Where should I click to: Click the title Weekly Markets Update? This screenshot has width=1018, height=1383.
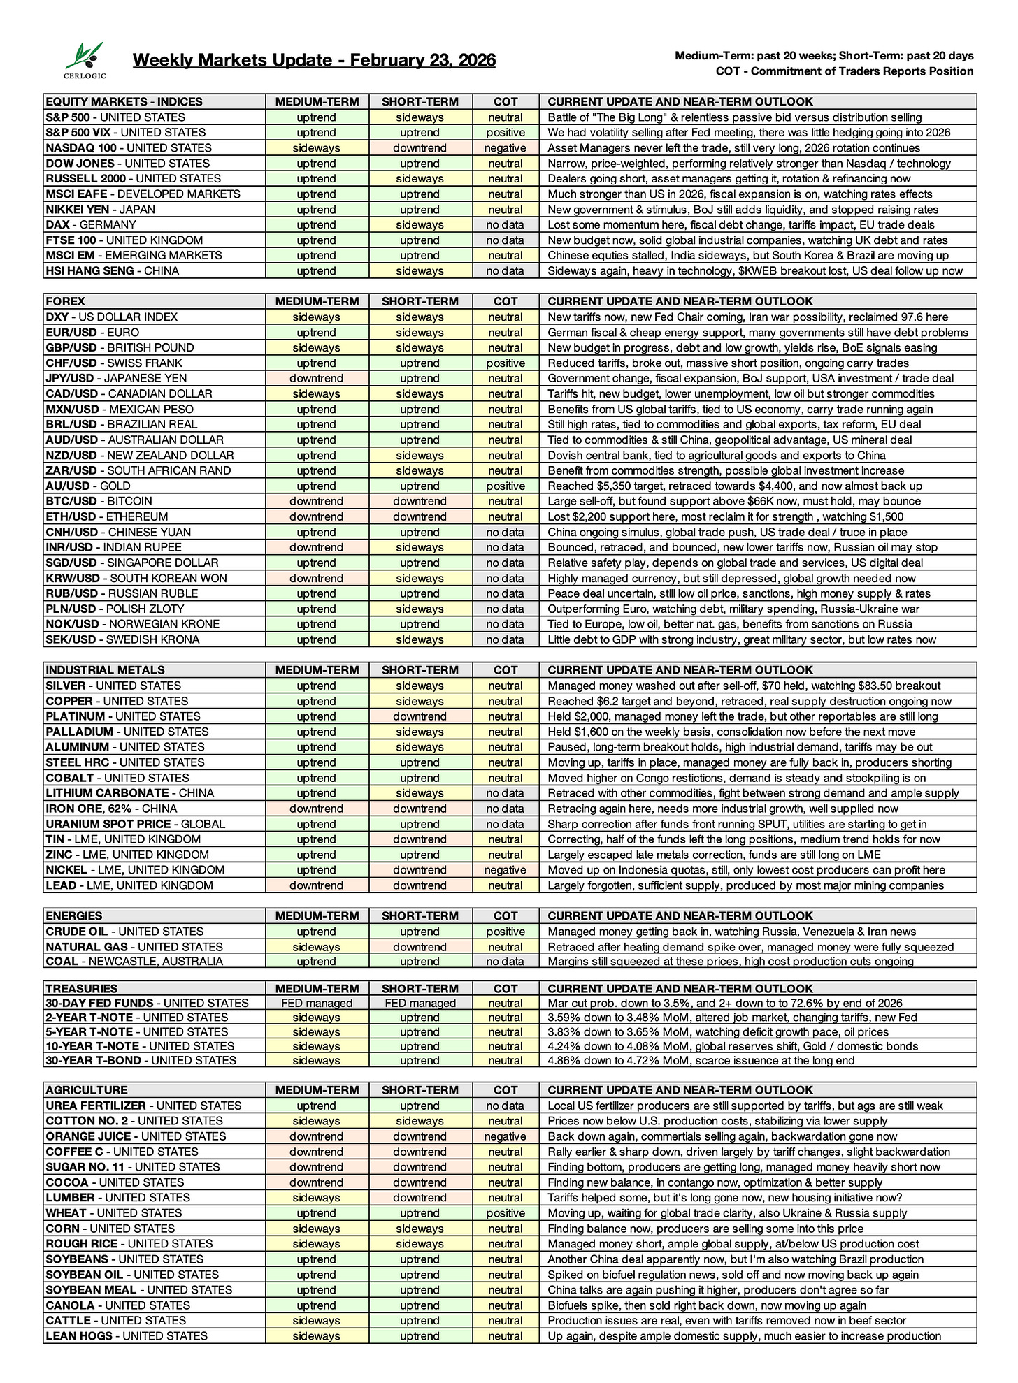[x=314, y=60]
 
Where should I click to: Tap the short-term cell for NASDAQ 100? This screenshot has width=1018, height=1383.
[x=420, y=148]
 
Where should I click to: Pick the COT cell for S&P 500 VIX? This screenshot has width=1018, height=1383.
[x=506, y=133]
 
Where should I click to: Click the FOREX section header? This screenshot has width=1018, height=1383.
[x=66, y=302]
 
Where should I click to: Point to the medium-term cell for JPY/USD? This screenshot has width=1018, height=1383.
[x=316, y=379]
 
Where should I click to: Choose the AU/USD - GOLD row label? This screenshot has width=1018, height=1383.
[x=88, y=486]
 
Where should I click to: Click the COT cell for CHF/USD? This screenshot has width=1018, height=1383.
[x=506, y=363]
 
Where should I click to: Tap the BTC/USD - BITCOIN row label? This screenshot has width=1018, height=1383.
[x=99, y=502]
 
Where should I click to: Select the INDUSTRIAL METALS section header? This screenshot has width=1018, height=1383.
[x=106, y=670]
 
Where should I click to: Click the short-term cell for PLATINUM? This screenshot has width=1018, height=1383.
[x=420, y=716]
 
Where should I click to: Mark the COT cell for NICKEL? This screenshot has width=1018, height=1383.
[x=506, y=870]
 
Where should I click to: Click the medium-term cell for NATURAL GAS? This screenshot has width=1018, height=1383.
[x=316, y=947]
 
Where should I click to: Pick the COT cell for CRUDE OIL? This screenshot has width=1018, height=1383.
[x=506, y=932]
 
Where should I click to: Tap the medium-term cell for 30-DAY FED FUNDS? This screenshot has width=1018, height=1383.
[x=316, y=1004]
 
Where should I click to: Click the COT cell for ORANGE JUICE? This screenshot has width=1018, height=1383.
[x=506, y=1137]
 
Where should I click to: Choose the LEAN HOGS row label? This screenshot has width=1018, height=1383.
[x=127, y=1336]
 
